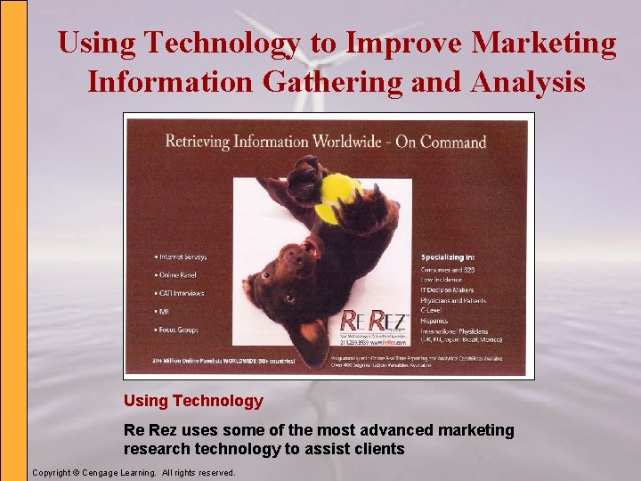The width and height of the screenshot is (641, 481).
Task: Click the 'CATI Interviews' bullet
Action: [x=181, y=293]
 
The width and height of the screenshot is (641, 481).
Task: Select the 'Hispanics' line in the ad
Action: [x=437, y=322]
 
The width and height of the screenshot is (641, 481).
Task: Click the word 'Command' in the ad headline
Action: [x=453, y=142]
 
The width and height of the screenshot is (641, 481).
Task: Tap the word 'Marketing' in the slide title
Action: [x=544, y=43]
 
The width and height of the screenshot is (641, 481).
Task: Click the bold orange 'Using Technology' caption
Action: [x=193, y=401]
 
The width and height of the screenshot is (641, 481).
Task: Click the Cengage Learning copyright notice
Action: [x=134, y=472]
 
